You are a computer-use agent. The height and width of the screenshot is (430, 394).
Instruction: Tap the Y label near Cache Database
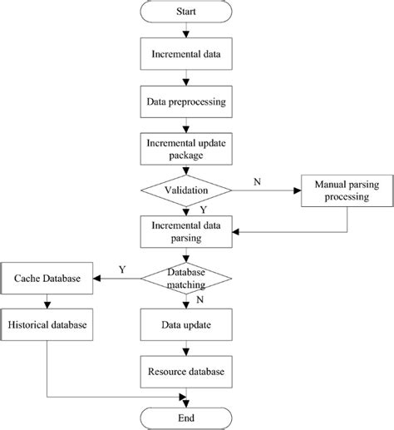pos(122,269)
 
